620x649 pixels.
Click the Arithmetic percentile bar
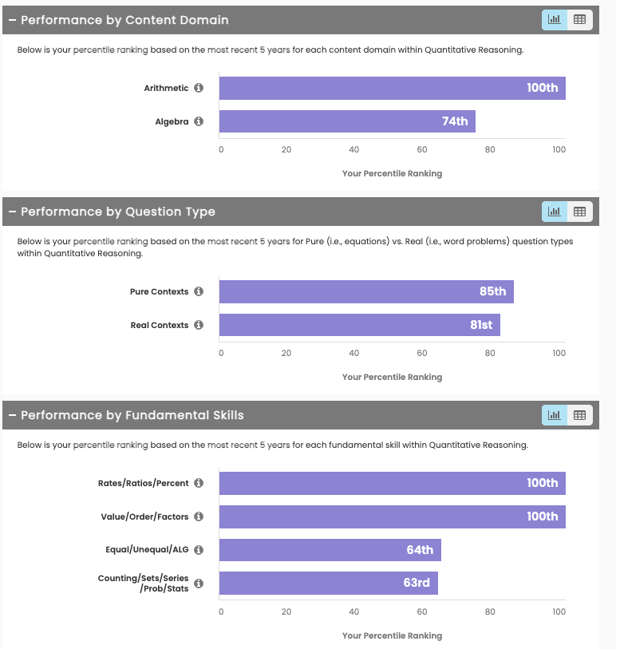click(392, 88)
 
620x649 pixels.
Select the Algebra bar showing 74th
click(347, 121)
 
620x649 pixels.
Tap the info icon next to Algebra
click(199, 121)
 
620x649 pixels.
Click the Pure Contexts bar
click(366, 291)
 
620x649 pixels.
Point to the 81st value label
click(481, 325)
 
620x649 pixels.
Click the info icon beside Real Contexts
click(199, 325)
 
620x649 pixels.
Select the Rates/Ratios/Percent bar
click(392, 483)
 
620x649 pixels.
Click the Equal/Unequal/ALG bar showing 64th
click(330, 550)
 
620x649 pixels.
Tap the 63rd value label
click(417, 583)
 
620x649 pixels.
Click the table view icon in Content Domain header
click(580, 19)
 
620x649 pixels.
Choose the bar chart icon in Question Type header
click(555, 212)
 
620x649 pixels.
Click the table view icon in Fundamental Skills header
click(580, 415)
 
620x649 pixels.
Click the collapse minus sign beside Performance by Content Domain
click(12, 20)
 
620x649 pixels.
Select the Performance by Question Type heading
click(117, 212)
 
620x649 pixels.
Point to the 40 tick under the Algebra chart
click(353, 149)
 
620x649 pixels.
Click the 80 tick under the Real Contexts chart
click(490, 353)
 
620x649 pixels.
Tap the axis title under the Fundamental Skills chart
click(392, 635)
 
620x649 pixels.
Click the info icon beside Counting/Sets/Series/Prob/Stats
click(199, 584)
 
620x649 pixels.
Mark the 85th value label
click(492, 291)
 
